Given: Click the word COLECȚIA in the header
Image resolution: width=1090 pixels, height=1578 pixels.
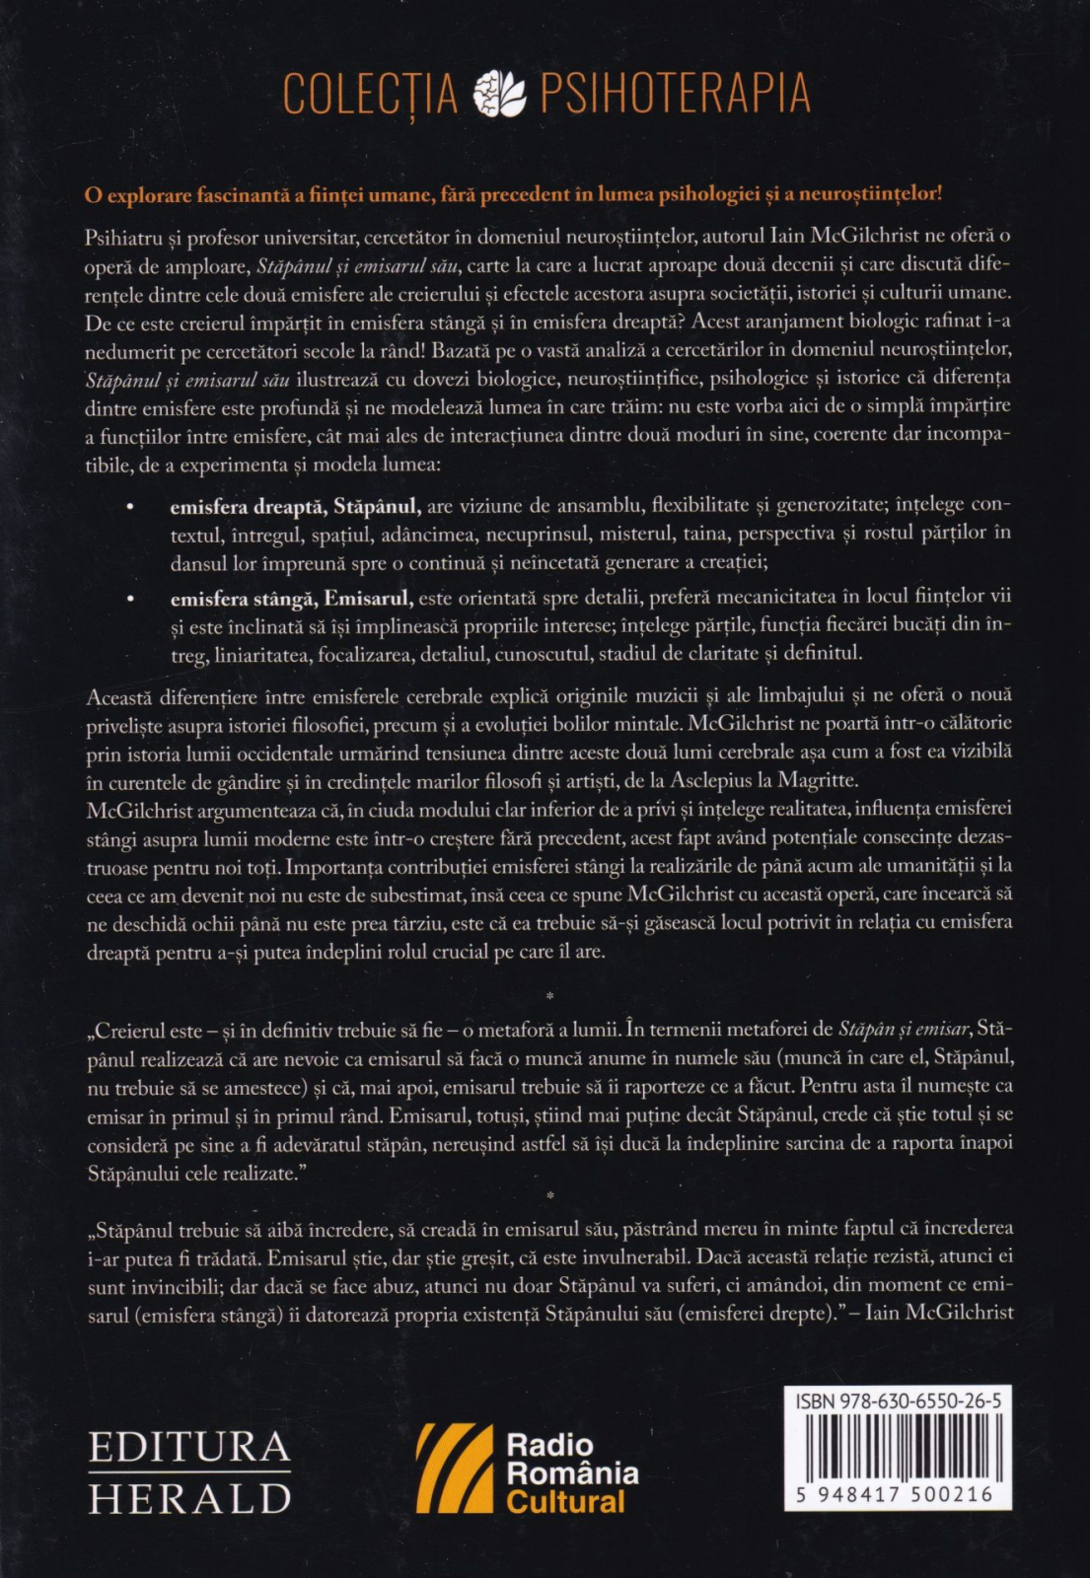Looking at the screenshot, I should pyautogui.click(x=370, y=95).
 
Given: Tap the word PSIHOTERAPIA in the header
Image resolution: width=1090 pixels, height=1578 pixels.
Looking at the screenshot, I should pyautogui.click(x=675, y=95).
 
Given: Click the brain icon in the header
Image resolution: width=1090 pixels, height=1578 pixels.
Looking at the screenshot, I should pyautogui.click(x=501, y=94).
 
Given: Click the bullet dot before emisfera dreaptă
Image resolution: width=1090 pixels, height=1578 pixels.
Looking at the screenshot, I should pyautogui.click(x=130, y=507).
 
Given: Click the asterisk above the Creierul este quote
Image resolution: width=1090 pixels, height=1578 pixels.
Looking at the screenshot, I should pyautogui.click(x=549, y=997).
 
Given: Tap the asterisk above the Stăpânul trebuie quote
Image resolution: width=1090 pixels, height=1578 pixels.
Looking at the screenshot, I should pyautogui.click(x=549, y=1197).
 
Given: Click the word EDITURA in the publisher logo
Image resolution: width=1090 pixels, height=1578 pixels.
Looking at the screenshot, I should pyautogui.click(x=189, y=1448).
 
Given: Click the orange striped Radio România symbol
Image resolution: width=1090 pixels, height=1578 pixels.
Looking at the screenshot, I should pyautogui.click(x=454, y=1468).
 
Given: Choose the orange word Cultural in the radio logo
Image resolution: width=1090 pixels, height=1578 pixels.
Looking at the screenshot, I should pyautogui.click(x=565, y=1502).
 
